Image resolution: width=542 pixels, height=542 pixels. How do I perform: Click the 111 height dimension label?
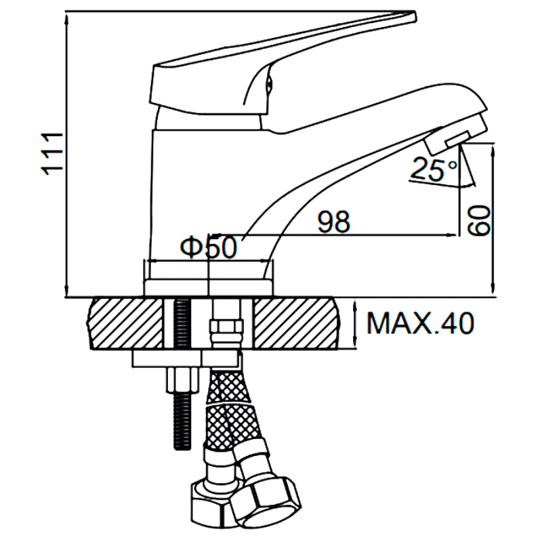(52, 154)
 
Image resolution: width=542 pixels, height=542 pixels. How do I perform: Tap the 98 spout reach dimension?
(333, 222)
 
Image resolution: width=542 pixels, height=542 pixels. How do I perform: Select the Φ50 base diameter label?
(209, 247)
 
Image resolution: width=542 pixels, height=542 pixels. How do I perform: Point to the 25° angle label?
(434, 169)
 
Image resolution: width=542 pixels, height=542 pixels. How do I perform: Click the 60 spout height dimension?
(478, 222)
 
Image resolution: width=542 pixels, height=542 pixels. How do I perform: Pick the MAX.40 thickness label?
(420, 323)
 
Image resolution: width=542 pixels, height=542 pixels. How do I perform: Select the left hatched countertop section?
(125, 324)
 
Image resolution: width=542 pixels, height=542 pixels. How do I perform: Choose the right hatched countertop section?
(296, 324)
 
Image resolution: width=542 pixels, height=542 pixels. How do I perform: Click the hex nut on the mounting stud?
(183, 379)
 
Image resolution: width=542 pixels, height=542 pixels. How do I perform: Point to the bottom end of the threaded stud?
(182, 449)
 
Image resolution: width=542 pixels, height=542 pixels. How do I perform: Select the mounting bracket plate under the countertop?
(184, 359)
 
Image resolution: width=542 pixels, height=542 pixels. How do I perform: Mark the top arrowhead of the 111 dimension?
(66, 16)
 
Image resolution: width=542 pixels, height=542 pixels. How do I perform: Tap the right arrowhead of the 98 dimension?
(453, 235)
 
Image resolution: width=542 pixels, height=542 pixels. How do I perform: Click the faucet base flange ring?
(209, 287)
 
